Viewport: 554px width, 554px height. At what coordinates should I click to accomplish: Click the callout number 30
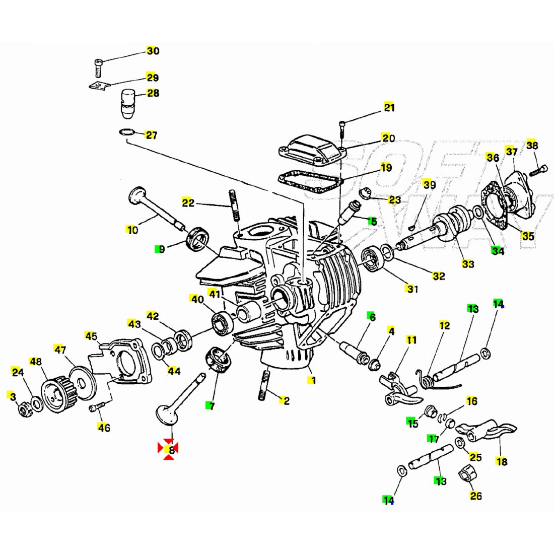(153, 51)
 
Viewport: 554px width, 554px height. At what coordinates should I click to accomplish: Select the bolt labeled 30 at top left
(98, 66)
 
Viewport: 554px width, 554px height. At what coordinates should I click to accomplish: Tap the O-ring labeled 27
(127, 133)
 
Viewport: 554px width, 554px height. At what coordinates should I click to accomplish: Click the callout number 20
(388, 138)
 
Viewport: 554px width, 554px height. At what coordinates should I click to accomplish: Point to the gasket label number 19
(386, 167)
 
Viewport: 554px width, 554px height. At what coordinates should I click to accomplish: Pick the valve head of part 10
(136, 195)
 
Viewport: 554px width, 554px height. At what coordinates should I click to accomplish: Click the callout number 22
(188, 202)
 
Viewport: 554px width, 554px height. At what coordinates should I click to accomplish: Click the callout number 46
(104, 428)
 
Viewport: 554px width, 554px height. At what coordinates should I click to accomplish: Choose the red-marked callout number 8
(171, 450)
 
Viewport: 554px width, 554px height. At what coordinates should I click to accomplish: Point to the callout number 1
(313, 380)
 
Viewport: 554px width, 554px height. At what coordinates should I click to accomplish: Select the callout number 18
(501, 461)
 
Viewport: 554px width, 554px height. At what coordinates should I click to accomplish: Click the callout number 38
(532, 146)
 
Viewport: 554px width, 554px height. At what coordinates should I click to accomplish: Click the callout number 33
(468, 263)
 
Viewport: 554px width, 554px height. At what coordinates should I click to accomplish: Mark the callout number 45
(91, 336)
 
